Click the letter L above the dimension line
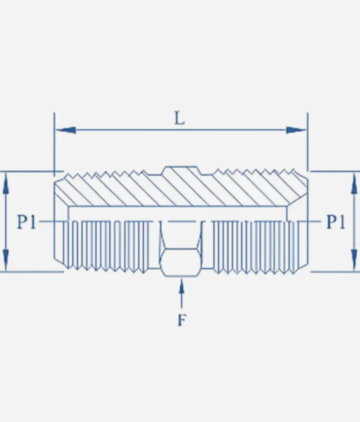click(180, 119)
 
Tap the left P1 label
click(26, 222)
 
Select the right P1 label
click(336, 222)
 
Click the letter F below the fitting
click(182, 320)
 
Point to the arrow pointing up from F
click(181, 294)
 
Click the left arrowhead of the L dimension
click(65, 130)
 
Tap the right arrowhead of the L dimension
click(296, 130)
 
